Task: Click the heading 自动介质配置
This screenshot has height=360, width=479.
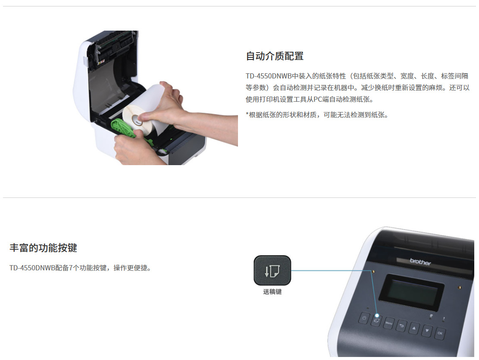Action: click(275, 56)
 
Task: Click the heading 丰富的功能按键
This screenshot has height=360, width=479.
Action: click(44, 248)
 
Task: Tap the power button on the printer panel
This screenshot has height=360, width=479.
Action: click(364, 318)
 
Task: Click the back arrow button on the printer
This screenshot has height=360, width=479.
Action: click(401, 326)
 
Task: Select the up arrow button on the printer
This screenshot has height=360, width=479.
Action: click(414, 329)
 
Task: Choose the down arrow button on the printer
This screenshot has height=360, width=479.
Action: click(427, 331)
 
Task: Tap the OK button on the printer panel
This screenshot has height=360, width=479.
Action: click(440, 333)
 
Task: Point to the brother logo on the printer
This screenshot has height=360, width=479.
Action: click(420, 262)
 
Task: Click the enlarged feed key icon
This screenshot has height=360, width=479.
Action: click(272, 270)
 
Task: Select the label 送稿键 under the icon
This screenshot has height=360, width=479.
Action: click(272, 292)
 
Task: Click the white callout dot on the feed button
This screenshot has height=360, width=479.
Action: click(377, 316)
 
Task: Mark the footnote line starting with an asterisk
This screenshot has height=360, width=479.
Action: click(317, 115)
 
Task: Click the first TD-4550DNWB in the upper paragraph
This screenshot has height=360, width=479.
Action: click(269, 76)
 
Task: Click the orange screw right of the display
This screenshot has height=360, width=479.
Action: click(460, 288)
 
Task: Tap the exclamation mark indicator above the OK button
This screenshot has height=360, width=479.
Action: click(444, 319)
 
